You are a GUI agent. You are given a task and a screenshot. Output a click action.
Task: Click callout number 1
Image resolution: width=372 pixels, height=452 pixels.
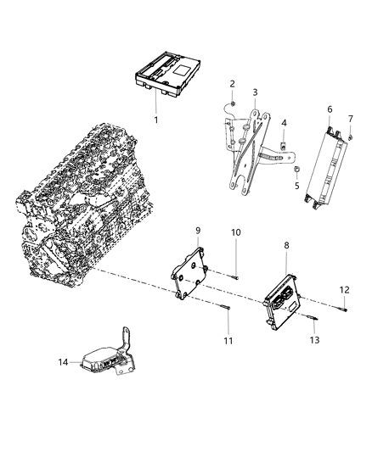coord(155,120)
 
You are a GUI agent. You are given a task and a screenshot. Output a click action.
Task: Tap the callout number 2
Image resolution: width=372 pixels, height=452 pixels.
coord(232,83)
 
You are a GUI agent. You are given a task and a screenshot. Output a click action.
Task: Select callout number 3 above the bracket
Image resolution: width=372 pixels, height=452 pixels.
coord(254,92)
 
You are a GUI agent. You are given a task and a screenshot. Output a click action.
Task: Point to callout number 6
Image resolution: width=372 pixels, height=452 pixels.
coord(329,109)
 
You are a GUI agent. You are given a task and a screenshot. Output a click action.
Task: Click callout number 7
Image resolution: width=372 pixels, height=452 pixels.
coord(350,118)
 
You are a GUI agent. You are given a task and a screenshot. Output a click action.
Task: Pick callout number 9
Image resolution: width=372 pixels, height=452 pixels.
coord(197,230)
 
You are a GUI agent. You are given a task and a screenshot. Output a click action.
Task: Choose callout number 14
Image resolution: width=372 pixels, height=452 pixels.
coord(63,363)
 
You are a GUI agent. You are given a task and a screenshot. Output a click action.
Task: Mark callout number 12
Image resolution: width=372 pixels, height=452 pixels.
coord(344,290)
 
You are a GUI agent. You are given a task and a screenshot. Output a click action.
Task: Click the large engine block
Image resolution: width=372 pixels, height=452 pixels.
coord(93,204)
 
